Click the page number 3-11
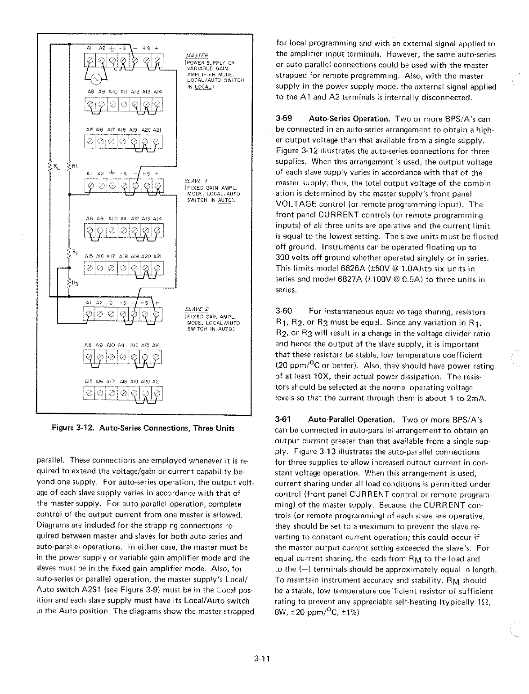[x=261, y=659]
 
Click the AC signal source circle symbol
[x=96, y=80]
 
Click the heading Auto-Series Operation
[x=349, y=120]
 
